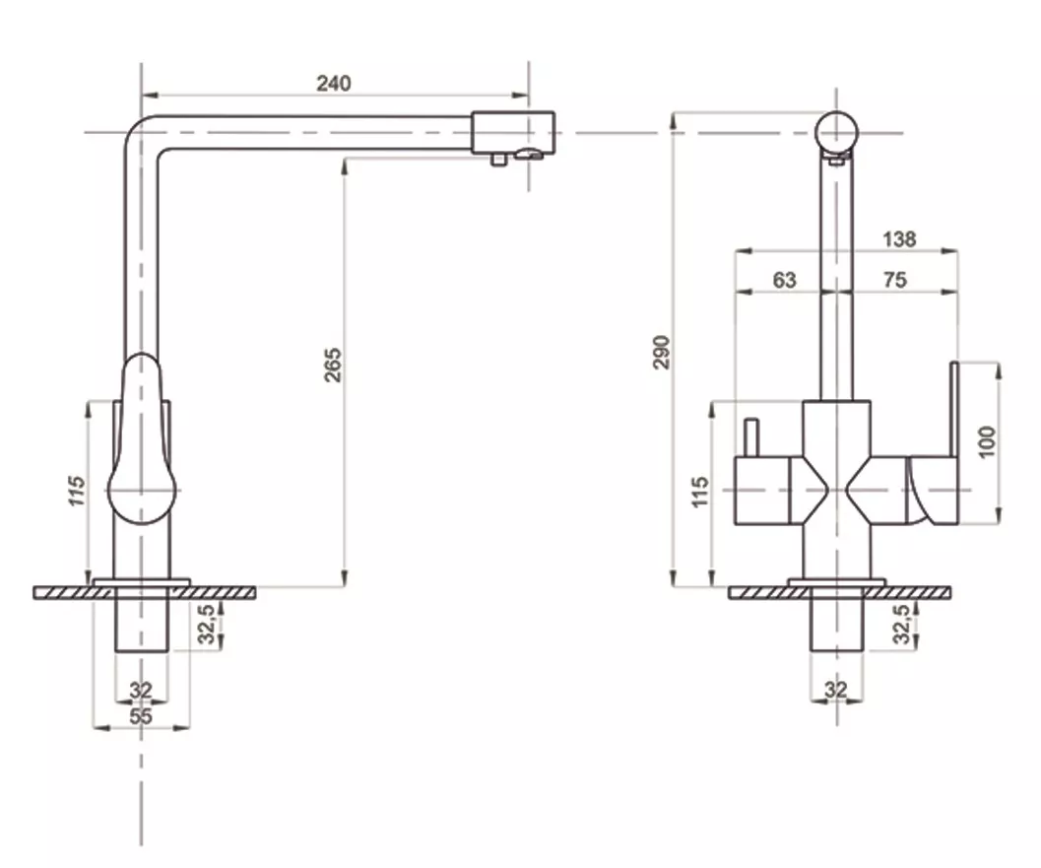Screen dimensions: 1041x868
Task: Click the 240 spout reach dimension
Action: point(333,84)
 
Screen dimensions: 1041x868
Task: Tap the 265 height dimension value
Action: point(333,365)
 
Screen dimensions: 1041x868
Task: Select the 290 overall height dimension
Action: point(663,352)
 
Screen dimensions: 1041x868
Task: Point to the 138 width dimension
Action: point(899,239)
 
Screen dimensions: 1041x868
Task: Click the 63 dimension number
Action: point(784,280)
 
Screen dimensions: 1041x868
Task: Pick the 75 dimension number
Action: point(895,280)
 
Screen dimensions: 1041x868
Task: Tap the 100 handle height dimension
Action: point(987,441)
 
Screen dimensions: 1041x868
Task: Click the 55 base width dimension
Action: point(141,716)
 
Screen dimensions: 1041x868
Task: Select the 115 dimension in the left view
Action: point(77,491)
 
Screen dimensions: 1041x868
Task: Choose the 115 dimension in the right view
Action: point(700,492)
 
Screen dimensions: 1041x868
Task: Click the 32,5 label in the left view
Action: point(208,624)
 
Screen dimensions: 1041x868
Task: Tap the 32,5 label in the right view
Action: point(902,624)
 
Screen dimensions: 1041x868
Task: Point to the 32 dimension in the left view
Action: point(141,691)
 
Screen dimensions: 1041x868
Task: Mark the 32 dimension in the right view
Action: point(836,690)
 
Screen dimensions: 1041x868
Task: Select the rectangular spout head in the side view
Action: point(512,133)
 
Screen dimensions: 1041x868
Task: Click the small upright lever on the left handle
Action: point(750,438)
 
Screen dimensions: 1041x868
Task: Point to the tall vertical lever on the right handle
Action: point(954,409)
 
